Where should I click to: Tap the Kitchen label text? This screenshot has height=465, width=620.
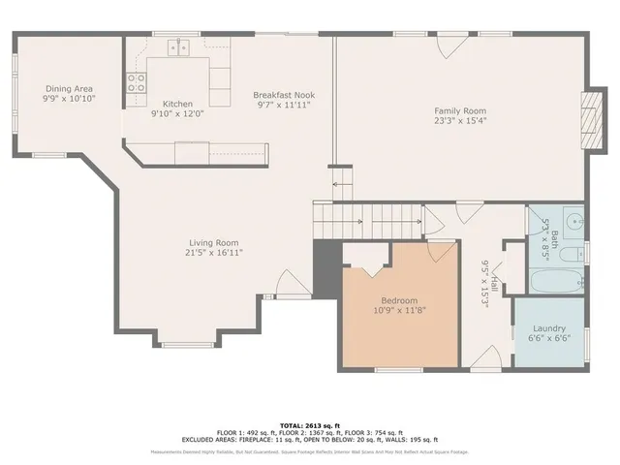177,104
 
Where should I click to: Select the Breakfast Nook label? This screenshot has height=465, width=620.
285,95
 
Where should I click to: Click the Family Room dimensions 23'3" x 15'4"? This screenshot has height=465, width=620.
459,121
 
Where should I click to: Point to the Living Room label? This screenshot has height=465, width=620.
213,242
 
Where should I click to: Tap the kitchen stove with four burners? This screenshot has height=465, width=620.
135,83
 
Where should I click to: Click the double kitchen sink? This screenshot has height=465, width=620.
179,46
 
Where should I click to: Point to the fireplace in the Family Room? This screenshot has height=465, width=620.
587,122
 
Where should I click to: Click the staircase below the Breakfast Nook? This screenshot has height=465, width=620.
368,220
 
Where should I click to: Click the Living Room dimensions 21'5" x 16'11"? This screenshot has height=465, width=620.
213,252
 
